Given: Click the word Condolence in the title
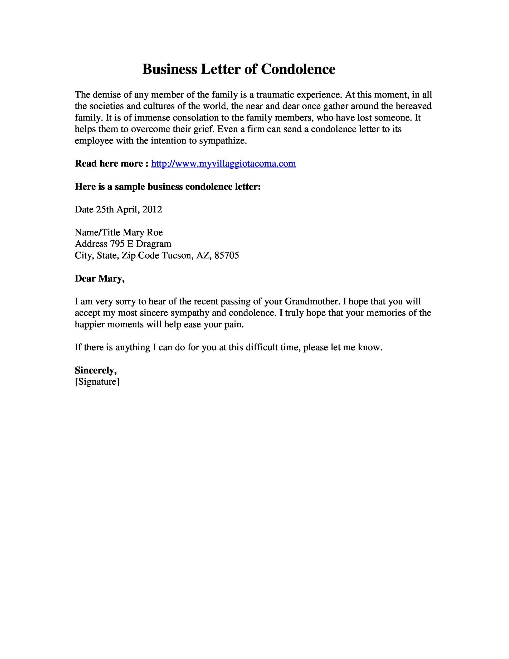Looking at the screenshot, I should click(298, 69).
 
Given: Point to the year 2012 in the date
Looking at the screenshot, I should click(152, 209).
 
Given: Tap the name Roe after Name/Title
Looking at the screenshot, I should click(155, 232).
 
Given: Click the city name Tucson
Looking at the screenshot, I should click(177, 256).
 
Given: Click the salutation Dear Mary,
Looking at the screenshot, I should click(100, 279).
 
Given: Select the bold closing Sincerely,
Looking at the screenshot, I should click(96, 370).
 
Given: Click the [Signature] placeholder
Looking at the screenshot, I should click(97, 382).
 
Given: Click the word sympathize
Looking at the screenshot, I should click(223, 141).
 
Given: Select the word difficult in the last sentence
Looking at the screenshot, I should click(262, 347).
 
